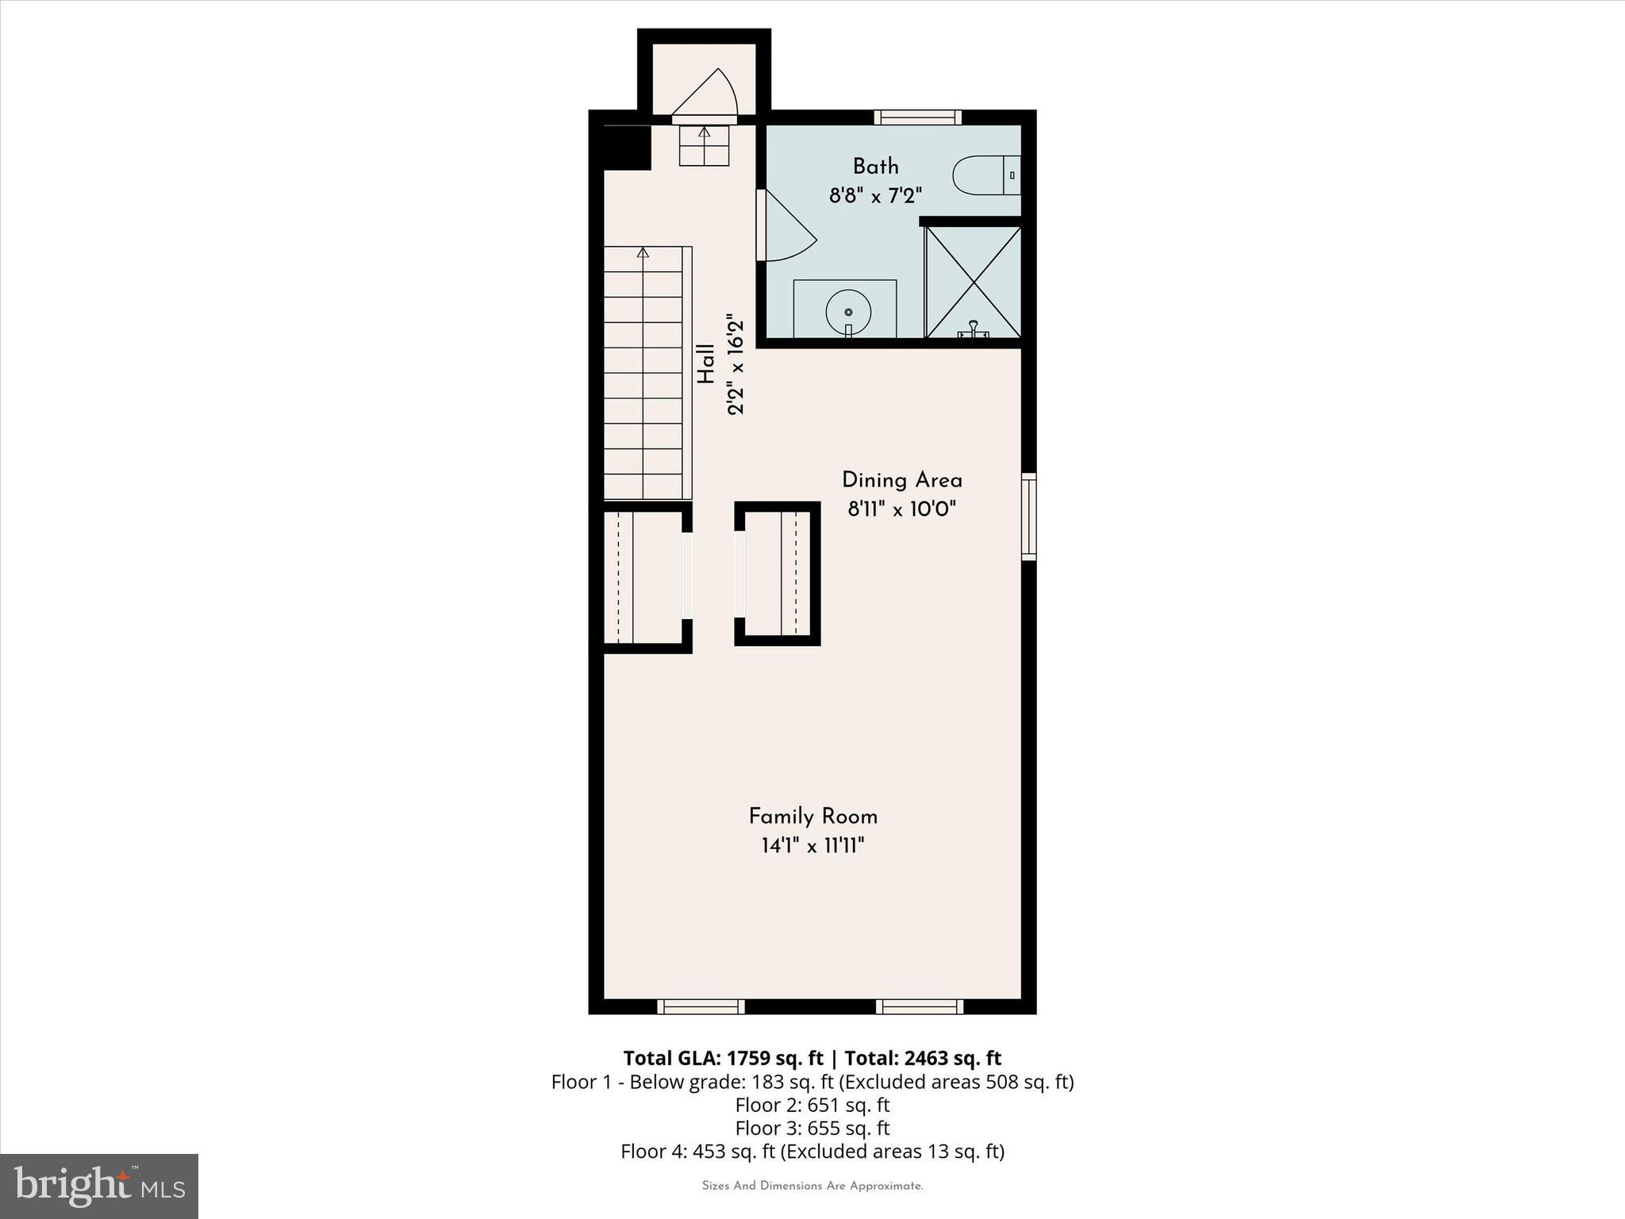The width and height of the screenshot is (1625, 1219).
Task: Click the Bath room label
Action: pyautogui.click(x=875, y=167)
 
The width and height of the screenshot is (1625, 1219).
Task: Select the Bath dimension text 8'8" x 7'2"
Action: pyautogui.click(x=875, y=195)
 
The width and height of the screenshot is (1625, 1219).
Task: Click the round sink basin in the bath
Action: pyautogui.click(x=848, y=312)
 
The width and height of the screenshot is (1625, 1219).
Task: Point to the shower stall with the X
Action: pyautogui.click(x=973, y=282)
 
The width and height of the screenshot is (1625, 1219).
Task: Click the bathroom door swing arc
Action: pyautogui.click(x=787, y=229)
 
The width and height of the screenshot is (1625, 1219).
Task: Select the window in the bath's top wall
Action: pyautogui.click(x=918, y=117)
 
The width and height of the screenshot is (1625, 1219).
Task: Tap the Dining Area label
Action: pyautogui.click(x=901, y=480)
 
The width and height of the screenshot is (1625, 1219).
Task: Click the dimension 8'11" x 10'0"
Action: pyautogui.click(x=901, y=509)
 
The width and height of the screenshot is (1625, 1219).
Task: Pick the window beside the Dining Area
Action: pyautogui.click(x=1028, y=517)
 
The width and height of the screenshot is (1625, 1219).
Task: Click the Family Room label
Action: pyautogui.click(x=812, y=817)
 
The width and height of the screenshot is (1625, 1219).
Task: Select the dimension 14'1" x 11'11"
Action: pyautogui.click(x=812, y=846)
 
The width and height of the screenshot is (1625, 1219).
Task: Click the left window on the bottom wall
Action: pyautogui.click(x=701, y=1006)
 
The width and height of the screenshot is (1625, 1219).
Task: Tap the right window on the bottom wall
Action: pyautogui.click(x=920, y=1006)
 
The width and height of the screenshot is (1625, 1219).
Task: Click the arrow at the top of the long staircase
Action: pyautogui.click(x=643, y=253)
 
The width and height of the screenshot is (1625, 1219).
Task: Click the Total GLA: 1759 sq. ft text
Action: pyautogui.click(x=723, y=1058)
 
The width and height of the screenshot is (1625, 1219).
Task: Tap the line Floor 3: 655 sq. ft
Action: pyautogui.click(x=812, y=1128)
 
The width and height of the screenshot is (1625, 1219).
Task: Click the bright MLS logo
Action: pyautogui.click(x=99, y=1186)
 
